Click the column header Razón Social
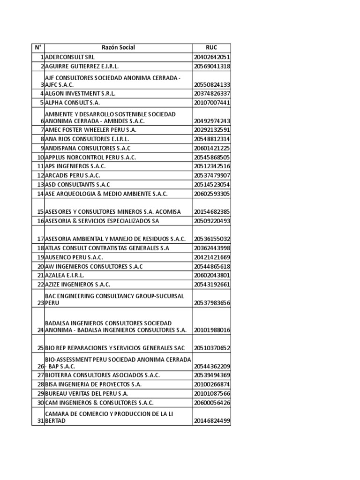pos(118,48)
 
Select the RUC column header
pos(211,48)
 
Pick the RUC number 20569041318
pos(211,67)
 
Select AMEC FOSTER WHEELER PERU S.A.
pos(90,130)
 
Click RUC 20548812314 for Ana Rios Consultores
pos(211,139)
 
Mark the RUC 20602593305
pos(211,194)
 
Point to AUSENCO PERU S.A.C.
pos(74,257)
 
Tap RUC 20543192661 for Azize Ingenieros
pos(211,285)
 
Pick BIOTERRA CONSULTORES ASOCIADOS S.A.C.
pos(102,375)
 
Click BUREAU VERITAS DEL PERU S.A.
pos(86,394)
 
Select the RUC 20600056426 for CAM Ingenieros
pos(211,403)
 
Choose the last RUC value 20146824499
pos(211,421)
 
